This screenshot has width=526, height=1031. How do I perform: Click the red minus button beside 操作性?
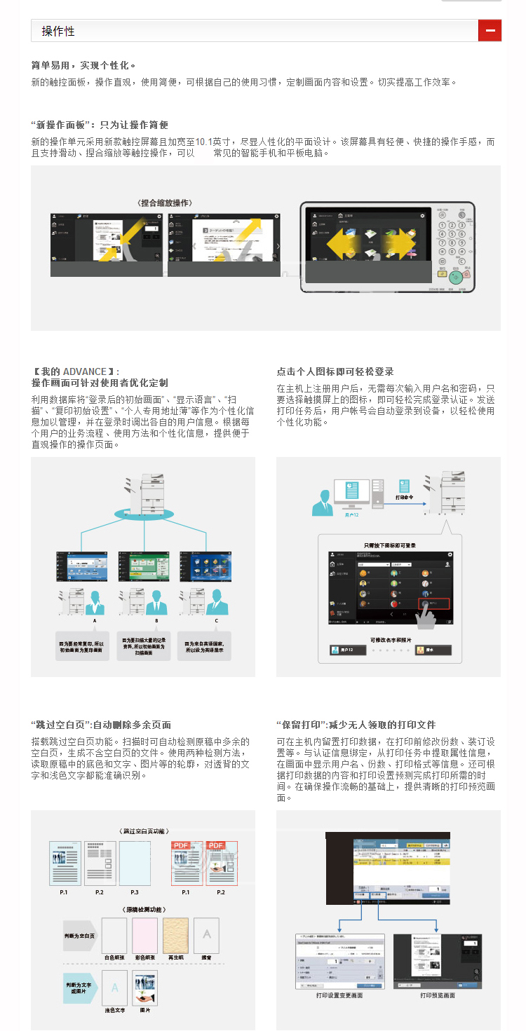(490, 31)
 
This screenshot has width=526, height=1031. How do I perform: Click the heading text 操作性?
(58, 31)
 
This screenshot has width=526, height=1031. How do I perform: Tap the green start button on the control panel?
(455, 275)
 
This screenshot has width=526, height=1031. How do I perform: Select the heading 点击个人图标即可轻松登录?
(335, 371)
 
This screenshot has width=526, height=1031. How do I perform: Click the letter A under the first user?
(94, 620)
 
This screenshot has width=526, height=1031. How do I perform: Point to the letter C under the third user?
(217, 620)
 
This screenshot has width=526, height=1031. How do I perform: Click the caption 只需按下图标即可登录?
(389, 545)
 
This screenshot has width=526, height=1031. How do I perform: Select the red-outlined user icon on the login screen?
(433, 603)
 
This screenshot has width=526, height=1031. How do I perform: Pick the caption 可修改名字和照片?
(390, 639)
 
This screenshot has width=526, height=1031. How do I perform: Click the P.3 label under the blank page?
(135, 892)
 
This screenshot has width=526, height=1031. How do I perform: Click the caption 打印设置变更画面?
(339, 995)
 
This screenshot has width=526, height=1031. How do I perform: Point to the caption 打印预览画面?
(438, 995)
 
